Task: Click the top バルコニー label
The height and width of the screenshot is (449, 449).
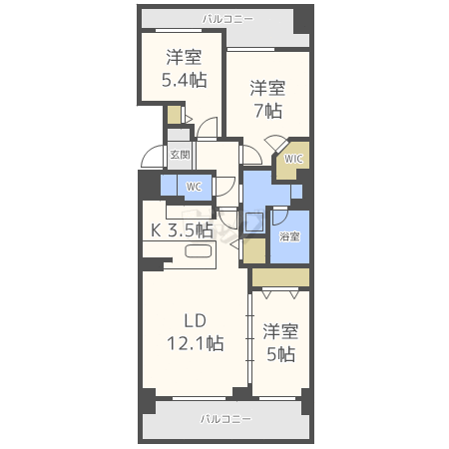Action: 227,19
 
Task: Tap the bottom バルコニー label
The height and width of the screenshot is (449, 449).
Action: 225,419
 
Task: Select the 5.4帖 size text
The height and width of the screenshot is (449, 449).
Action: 185,80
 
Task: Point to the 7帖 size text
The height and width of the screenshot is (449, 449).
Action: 268,111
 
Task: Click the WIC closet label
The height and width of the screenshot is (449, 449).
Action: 293,159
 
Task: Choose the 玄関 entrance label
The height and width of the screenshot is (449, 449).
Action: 180,155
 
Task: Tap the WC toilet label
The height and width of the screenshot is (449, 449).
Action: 194,187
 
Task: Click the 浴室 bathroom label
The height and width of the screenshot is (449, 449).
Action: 289,236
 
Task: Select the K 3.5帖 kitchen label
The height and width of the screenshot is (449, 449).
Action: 182,229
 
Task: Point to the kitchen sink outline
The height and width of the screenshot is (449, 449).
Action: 199,251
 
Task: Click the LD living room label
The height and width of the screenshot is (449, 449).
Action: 196,320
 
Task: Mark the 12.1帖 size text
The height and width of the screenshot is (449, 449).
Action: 196,343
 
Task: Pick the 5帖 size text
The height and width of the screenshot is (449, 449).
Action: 281,354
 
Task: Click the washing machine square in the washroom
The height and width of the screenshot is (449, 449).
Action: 254,221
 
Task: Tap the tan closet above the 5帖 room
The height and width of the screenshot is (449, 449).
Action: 280,277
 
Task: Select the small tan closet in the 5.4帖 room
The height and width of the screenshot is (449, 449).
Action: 174,115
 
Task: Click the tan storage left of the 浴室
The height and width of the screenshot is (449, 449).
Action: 254,251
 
